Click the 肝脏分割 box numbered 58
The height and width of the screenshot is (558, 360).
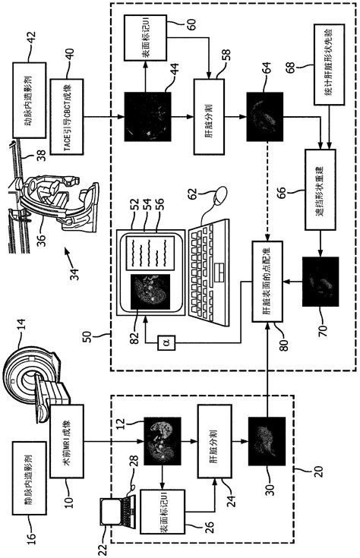pos(208,110)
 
